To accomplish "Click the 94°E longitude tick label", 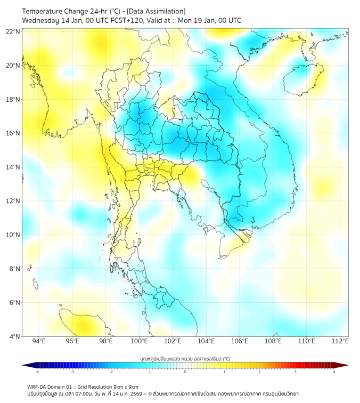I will click(39, 341).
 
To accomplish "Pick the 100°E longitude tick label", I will click(139, 341).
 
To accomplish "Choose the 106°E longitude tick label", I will click(240, 341).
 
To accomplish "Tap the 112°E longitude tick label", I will click(340, 341).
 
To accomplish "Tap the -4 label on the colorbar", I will click(36, 372).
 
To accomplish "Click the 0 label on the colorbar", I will click(185, 372).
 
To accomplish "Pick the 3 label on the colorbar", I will click(296, 372).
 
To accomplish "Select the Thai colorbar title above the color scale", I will click(185, 358).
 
